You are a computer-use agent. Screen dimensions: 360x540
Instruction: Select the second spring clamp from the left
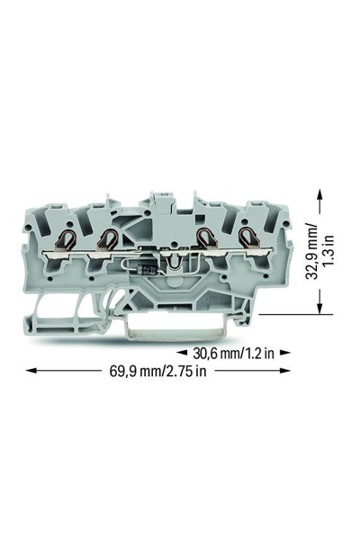tap(107, 238)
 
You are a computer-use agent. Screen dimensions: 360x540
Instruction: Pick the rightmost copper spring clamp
tap(246, 238)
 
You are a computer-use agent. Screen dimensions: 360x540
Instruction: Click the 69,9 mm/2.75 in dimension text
tap(157, 371)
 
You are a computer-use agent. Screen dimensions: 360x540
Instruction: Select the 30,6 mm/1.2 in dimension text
tap(234, 353)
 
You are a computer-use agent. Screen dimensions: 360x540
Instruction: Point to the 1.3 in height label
tap(330, 250)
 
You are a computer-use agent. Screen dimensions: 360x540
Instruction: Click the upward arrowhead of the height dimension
tap(320, 193)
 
